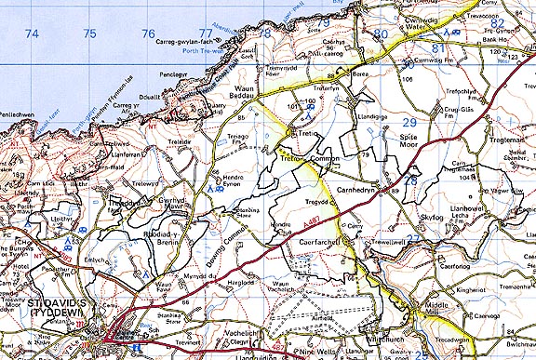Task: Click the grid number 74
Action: coord(33,33)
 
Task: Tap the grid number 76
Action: coord(148,33)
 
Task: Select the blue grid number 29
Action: coord(409,122)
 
